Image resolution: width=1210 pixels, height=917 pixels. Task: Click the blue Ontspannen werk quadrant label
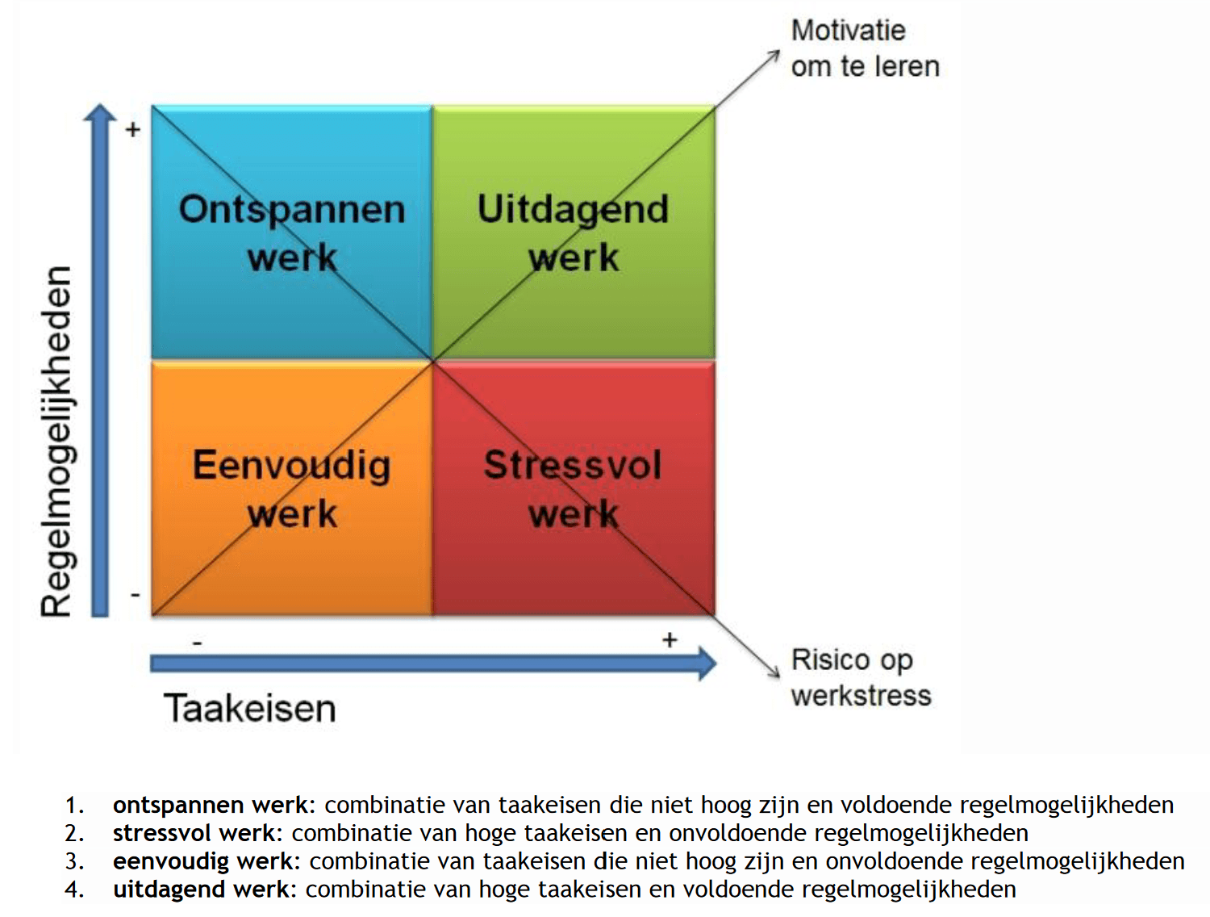292,233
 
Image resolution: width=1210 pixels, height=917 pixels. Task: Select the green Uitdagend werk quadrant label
574,233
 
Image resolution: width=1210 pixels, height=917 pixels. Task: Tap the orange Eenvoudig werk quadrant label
292,489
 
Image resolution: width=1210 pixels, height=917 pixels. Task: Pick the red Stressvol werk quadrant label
573,489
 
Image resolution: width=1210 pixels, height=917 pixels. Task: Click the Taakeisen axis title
250,708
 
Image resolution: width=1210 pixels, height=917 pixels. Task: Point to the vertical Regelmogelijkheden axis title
56,441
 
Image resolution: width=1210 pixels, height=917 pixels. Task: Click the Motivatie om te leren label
866,48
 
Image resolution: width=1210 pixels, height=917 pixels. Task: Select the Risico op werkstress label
861,677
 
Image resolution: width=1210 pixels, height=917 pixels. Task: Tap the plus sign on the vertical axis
133,130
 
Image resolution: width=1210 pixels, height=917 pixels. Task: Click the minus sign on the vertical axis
135,595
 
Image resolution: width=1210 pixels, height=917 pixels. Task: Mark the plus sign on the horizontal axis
670,639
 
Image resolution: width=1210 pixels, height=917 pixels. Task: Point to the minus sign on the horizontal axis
198,643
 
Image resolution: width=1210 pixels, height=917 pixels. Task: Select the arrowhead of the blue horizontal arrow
707,664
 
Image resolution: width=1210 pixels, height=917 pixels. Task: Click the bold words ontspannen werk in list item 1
211,806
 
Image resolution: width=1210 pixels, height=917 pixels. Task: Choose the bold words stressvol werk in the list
194,833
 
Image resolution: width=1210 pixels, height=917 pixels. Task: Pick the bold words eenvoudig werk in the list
203,861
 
